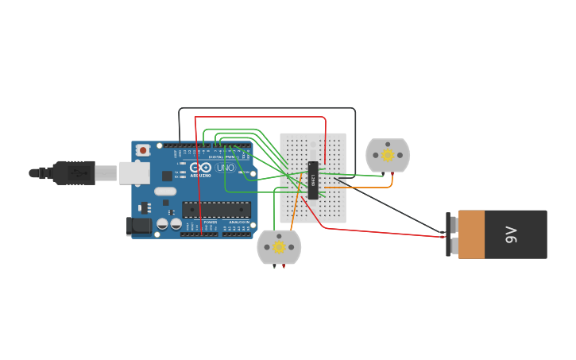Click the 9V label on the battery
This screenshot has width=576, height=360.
click(x=512, y=234)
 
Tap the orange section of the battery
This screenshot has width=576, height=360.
click(x=471, y=234)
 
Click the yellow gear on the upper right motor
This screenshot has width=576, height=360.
click(x=388, y=155)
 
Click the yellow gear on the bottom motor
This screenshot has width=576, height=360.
click(x=279, y=247)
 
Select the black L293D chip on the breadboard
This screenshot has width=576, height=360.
click(x=314, y=180)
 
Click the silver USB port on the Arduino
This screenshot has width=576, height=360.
click(x=134, y=172)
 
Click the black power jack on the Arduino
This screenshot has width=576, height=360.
click(x=139, y=226)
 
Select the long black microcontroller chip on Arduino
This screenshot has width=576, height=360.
click(x=216, y=210)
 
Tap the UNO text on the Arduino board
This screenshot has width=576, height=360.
click(x=226, y=168)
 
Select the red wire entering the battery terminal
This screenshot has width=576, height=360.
click(x=381, y=233)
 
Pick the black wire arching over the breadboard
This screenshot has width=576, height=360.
click(x=266, y=108)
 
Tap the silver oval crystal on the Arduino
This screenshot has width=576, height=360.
click(x=165, y=191)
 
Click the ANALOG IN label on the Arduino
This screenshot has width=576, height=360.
click(x=238, y=223)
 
